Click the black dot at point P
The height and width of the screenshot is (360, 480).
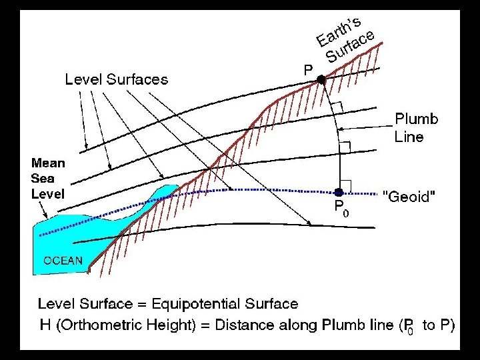coord(321,79)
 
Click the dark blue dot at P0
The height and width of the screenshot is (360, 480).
coord(339,193)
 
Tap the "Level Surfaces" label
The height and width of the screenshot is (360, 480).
coord(117,79)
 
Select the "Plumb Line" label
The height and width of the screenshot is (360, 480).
coord(416,128)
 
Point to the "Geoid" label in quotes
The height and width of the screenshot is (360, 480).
coord(410,197)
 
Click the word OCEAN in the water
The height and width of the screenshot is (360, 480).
coord(63,261)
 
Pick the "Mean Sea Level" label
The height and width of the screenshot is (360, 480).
coord(49,178)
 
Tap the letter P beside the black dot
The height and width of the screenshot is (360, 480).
coord(308,69)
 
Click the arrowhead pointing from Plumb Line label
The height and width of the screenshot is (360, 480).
coord(341,129)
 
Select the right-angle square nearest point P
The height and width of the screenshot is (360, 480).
coord(336,107)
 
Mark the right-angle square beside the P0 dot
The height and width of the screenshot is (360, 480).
coord(346,185)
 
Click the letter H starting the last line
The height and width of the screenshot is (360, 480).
coord(43,325)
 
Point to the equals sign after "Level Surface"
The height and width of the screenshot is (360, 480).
coord(142,305)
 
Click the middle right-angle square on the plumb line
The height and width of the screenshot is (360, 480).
coord(345,146)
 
